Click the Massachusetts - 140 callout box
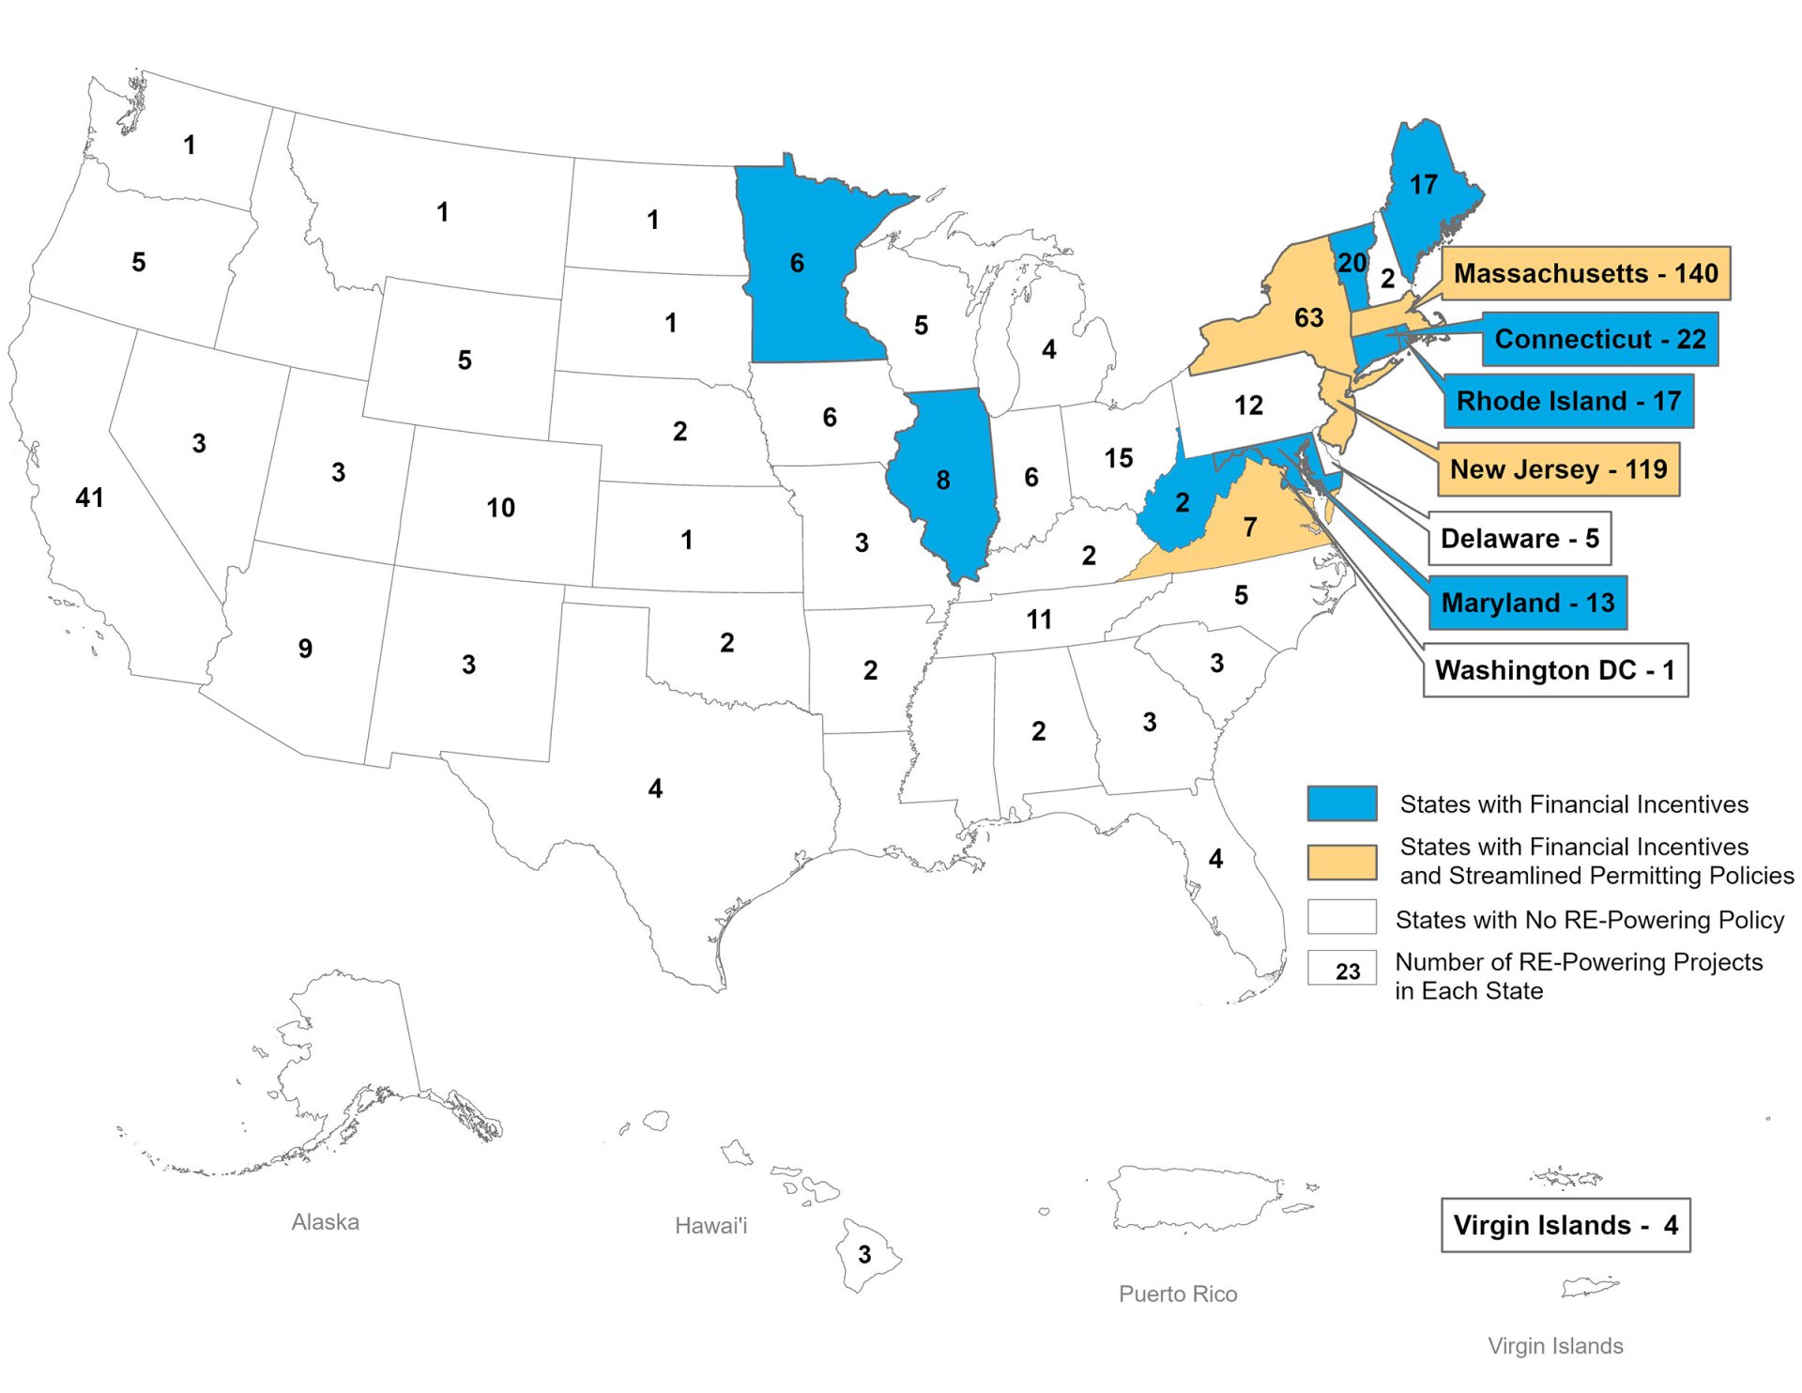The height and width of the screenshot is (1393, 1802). pos(1584,273)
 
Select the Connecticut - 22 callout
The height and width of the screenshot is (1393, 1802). pos(1599,339)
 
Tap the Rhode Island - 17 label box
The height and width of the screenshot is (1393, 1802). pos(1567,401)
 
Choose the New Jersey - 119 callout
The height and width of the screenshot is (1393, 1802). pos(1558,468)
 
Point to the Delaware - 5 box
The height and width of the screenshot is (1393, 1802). pos(1519,538)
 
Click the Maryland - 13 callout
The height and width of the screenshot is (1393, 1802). pos(1527,602)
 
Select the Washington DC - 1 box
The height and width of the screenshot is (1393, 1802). pos(1554,669)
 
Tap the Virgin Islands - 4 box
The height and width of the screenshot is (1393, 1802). pos(1565,1224)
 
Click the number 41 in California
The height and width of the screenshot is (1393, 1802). pos(89,497)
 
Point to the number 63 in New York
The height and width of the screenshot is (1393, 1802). pos(1308,318)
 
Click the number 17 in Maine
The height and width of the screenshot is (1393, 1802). pos(1423,185)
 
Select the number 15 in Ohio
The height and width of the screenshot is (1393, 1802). pos(1118,458)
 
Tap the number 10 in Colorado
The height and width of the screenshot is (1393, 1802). pos(500,508)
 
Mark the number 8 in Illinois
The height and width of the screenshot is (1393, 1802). pos(943,481)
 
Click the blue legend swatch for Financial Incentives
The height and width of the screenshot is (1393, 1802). pos(1341,804)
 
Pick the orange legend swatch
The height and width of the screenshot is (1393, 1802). pos(1341,861)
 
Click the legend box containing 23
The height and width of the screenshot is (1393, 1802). pos(1341,969)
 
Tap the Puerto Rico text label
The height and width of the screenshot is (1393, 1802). pos(1177,1293)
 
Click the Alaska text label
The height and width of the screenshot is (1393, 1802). pos(325,1221)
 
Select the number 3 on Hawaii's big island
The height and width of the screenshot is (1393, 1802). pos(864,1254)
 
